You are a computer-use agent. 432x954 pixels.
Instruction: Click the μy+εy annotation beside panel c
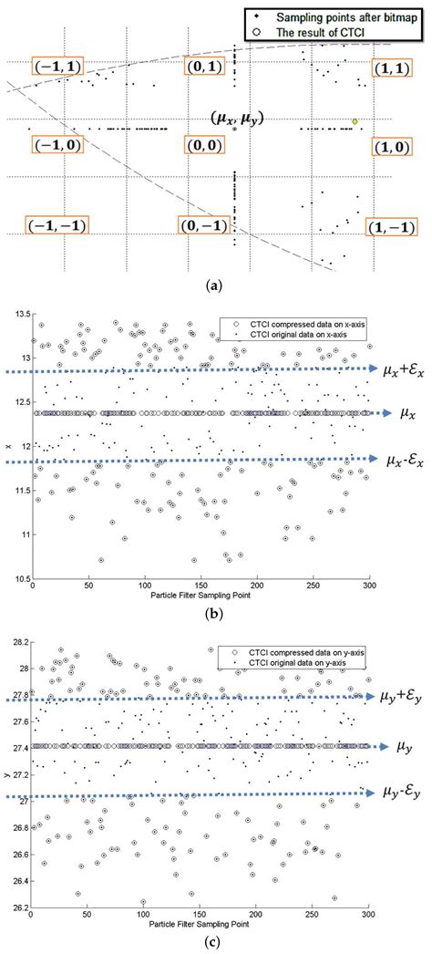click(401, 697)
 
